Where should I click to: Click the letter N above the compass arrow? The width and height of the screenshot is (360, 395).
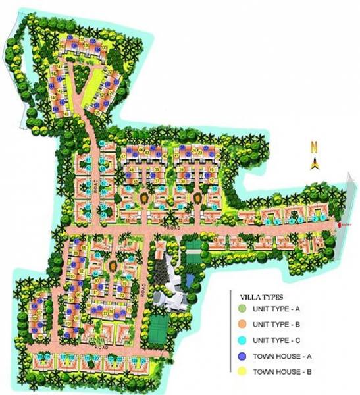(x=315, y=147)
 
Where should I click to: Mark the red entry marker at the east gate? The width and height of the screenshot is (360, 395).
(x=339, y=225)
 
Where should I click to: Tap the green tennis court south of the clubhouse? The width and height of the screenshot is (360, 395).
(x=160, y=324)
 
